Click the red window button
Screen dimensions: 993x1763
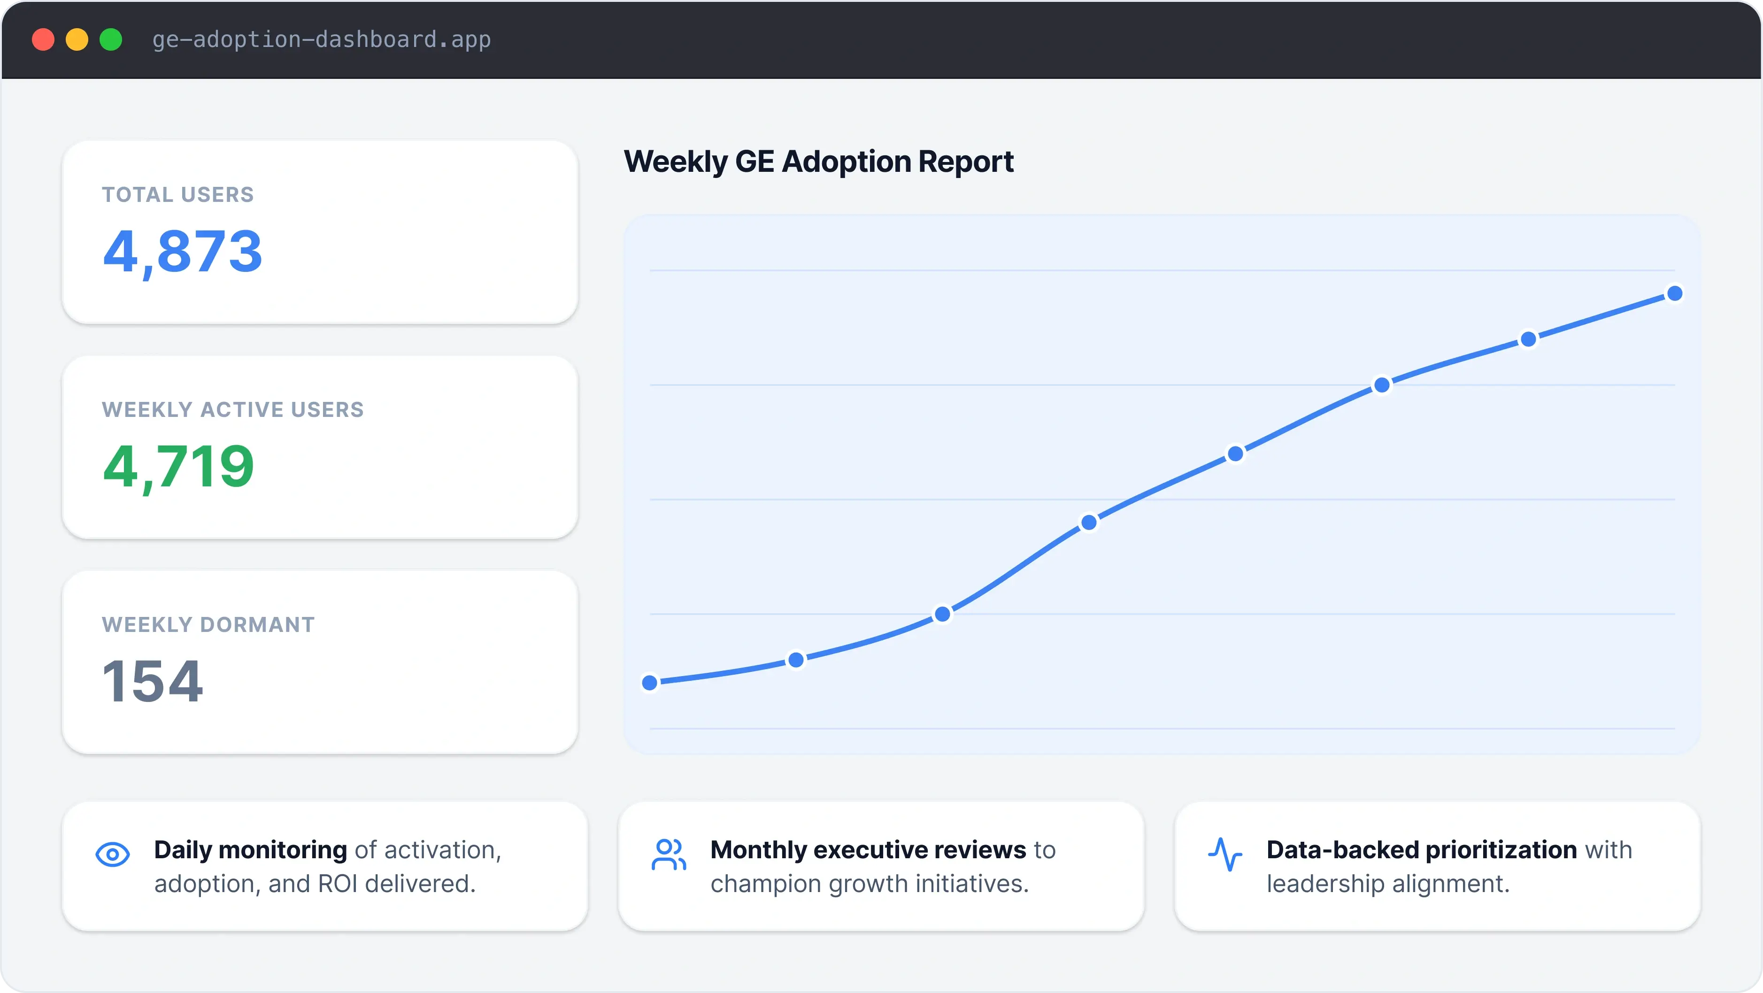[43, 40]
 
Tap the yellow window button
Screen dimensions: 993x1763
[77, 40]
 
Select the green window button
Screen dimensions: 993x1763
[111, 40]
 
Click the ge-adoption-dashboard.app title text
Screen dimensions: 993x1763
[321, 40]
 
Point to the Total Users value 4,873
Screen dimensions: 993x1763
[182, 252]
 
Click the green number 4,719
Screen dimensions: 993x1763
[178, 467]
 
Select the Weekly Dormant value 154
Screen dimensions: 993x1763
[152, 682]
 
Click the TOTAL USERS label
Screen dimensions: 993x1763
[178, 195]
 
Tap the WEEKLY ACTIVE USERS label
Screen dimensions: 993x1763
[233, 410]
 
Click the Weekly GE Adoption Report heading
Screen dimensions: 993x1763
[818, 162]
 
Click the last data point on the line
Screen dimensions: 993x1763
[1675, 293]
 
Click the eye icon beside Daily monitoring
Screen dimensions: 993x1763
[112, 854]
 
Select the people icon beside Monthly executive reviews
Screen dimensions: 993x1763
[668, 854]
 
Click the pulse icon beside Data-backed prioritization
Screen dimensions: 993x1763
[1224, 854]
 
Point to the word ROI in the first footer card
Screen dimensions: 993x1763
[338, 884]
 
